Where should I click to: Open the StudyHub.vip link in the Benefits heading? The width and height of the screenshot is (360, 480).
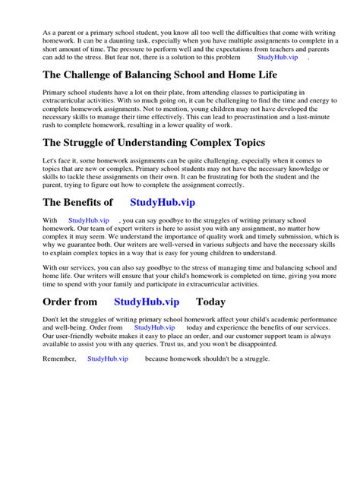pos(163,202)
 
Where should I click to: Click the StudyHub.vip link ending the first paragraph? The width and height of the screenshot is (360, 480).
pos(278,56)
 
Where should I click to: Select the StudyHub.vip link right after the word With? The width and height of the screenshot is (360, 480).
pos(88,219)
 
